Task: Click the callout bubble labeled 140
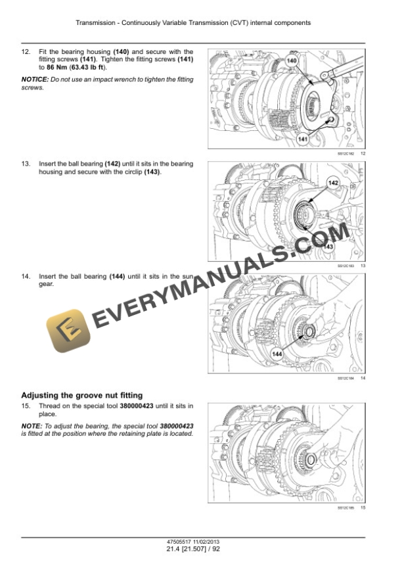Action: (x=292, y=61)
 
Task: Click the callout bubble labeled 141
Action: (x=303, y=139)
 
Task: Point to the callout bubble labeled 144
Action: (x=277, y=354)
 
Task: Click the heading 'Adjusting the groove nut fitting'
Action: (x=81, y=395)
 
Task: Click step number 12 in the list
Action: (x=26, y=52)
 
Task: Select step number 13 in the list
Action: (x=26, y=164)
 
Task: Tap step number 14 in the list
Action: (x=26, y=276)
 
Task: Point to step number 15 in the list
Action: (x=26, y=406)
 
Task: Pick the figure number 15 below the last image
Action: (x=363, y=508)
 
